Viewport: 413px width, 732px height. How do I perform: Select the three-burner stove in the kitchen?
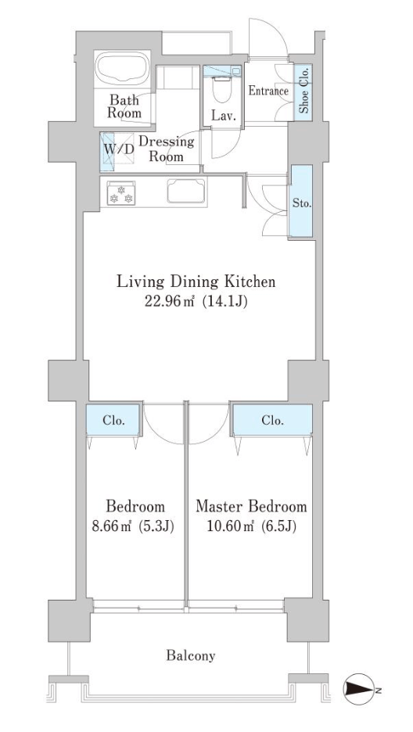click(121, 193)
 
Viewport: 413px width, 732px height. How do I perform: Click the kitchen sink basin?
click(187, 192)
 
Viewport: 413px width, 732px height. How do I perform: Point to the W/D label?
click(119, 150)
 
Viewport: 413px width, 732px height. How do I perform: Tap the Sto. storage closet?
click(301, 201)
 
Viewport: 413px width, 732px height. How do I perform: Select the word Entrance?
click(268, 91)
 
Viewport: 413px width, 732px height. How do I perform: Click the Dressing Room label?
click(166, 149)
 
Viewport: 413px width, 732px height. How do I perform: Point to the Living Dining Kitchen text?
click(196, 282)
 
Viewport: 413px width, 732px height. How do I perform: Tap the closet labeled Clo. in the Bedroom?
click(113, 420)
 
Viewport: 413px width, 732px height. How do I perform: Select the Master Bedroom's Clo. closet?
click(273, 420)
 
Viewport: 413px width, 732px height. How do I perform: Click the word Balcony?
click(191, 656)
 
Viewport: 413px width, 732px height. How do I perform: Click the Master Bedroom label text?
click(252, 507)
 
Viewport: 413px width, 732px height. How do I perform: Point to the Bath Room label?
click(124, 106)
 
